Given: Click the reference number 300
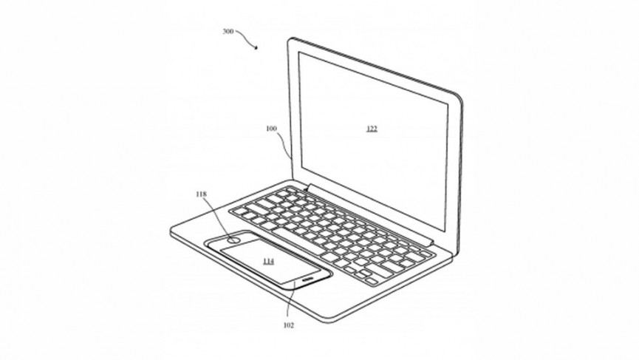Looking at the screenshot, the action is click(228, 31).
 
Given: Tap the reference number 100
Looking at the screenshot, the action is click(271, 129).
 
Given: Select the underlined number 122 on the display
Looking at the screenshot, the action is click(372, 129).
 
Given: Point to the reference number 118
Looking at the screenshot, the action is click(202, 194).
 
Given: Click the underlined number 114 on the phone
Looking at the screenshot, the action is click(268, 262).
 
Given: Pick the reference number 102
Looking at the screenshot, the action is click(289, 325).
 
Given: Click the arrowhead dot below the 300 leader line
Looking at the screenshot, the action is click(256, 48).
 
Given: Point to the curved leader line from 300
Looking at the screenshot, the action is click(246, 38).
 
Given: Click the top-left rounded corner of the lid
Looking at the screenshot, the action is click(290, 41).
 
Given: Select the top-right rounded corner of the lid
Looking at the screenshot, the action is click(459, 97).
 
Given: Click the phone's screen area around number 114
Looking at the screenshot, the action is click(270, 262).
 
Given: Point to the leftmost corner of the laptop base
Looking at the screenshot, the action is click(171, 232).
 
